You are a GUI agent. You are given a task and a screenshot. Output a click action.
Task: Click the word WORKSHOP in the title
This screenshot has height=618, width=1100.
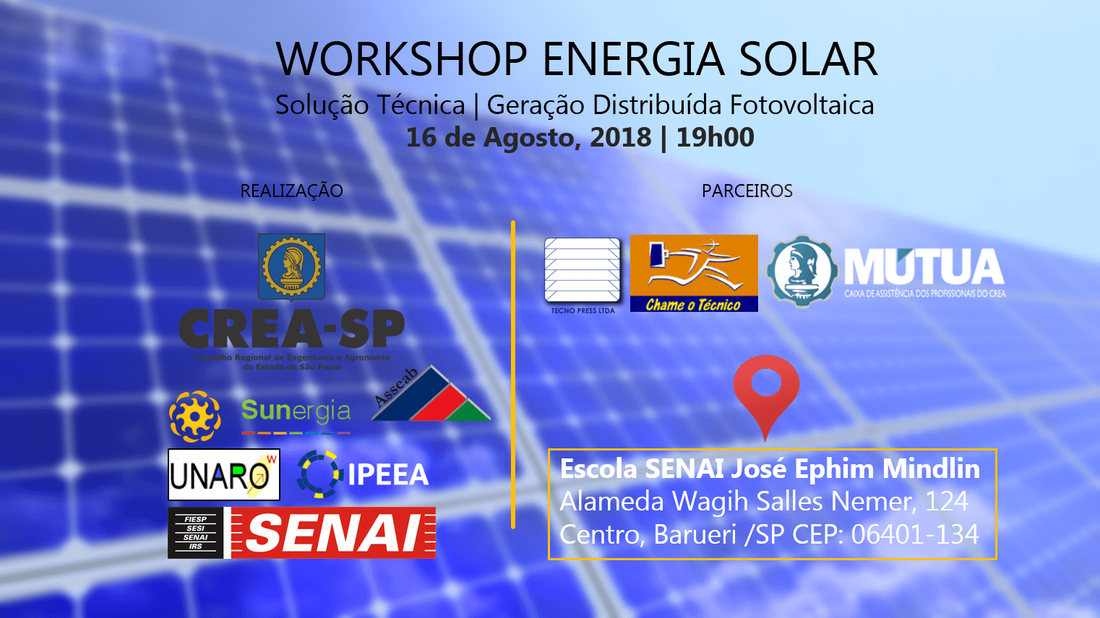coord(402,59)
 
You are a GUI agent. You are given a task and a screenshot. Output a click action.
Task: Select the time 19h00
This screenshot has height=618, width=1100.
coord(715,137)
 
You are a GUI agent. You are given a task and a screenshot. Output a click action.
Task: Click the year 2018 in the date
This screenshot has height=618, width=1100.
coord(620,137)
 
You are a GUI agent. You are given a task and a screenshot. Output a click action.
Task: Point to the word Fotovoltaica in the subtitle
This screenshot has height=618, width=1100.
coord(802,105)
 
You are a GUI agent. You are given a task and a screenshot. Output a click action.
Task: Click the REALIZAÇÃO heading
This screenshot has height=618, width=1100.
coord(291,191)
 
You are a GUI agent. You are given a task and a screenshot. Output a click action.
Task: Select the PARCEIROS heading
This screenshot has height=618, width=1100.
coord(747,191)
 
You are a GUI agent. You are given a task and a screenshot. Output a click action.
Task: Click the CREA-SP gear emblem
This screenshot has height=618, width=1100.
coord(291,266)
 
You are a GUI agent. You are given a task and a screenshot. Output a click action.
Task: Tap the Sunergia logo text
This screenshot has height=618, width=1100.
coord(296,412)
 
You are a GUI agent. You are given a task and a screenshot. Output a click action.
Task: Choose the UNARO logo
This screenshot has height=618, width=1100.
coord(223,475)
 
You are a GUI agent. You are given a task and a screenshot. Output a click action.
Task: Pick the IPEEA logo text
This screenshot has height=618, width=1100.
coord(387,475)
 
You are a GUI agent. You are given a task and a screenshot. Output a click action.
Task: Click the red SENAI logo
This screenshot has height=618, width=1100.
coord(333,534)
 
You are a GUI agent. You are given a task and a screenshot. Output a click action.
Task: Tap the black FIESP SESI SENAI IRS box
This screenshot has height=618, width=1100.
coord(195,534)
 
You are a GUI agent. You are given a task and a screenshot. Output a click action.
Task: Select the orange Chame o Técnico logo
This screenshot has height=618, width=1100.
coord(694,273)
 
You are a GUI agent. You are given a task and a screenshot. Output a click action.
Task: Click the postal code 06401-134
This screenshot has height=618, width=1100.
coord(914,535)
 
